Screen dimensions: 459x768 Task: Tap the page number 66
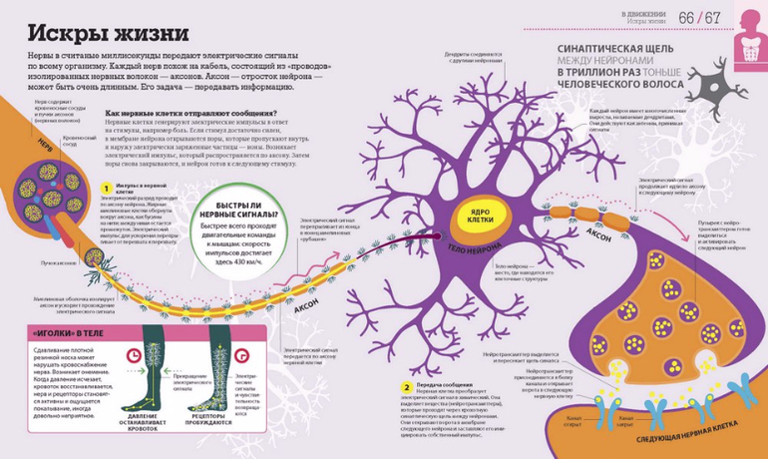coord(687,18)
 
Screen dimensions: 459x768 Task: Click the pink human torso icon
coord(749,30)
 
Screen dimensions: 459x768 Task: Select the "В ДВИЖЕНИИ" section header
coord(638,13)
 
